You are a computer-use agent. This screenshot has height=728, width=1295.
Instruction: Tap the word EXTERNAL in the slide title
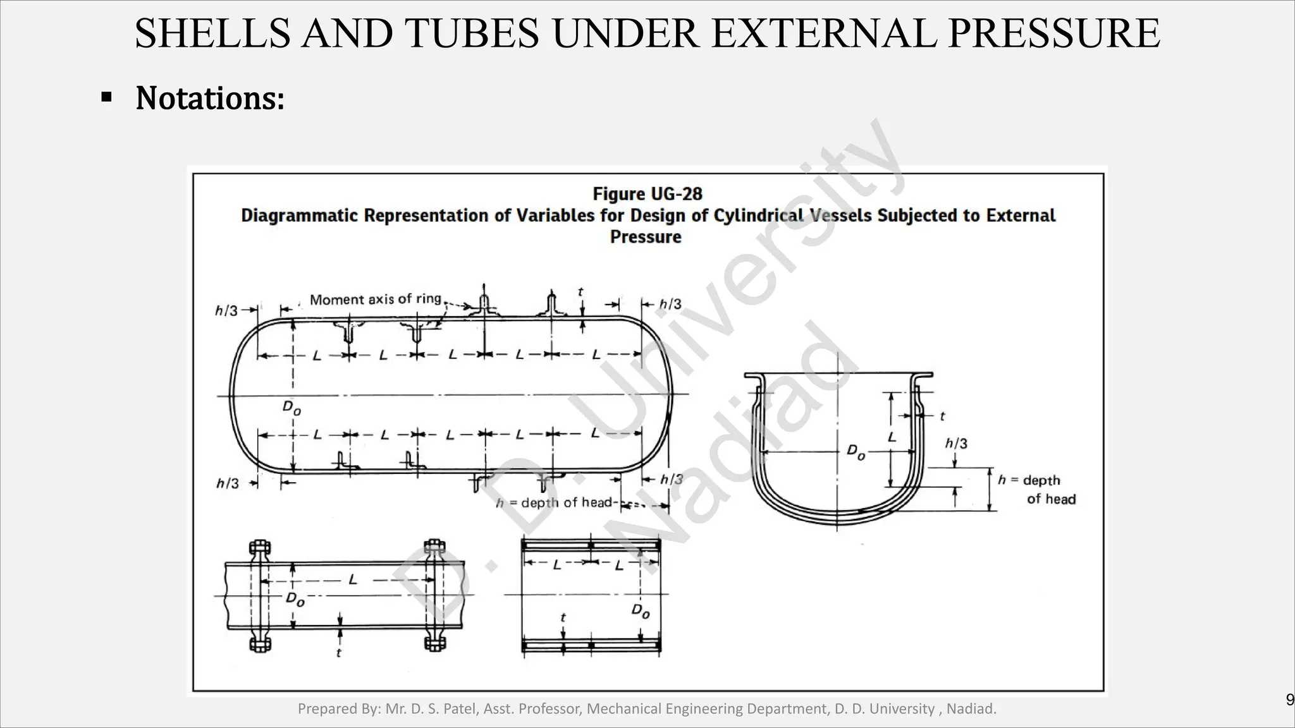[825, 33]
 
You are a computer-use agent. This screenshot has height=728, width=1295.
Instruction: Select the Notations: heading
[210, 99]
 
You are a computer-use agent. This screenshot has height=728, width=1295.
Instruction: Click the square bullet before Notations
[106, 98]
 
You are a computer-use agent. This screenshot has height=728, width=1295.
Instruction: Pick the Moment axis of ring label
[376, 299]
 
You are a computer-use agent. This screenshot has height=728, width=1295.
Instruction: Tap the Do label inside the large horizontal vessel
[292, 408]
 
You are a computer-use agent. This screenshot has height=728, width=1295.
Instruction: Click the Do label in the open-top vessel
[856, 452]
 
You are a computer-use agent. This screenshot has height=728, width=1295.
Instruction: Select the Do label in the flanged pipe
[295, 598]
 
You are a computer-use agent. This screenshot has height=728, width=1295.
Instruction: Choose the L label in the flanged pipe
[353, 579]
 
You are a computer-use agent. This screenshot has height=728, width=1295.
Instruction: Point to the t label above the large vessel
[580, 292]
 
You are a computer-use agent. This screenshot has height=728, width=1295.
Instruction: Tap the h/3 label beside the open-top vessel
[956, 444]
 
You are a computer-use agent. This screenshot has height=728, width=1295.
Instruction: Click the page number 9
[1290, 700]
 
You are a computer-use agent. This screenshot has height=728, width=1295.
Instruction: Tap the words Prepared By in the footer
[338, 709]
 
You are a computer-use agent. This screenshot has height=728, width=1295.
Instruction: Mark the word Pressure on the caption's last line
[646, 237]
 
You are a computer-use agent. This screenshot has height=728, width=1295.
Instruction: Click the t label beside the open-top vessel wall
[942, 416]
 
